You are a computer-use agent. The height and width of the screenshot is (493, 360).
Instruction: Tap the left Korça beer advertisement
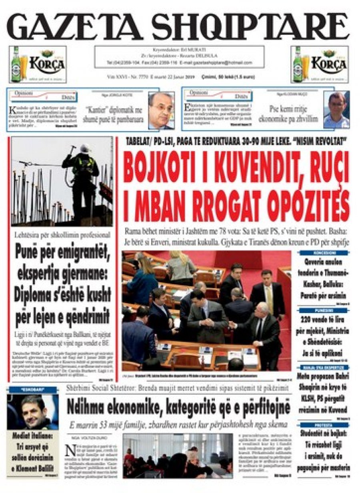click(x=38, y=64)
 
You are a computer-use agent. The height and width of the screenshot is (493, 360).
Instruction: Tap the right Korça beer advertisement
click(x=320, y=64)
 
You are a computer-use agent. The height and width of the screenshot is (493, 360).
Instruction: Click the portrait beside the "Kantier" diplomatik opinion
click(x=161, y=110)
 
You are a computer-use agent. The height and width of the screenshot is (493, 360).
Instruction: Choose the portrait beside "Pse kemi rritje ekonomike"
click(x=336, y=110)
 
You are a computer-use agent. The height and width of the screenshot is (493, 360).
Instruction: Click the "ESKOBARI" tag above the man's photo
click(x=32, y=389)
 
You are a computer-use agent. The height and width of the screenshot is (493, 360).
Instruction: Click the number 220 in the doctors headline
click(x=308, y=320)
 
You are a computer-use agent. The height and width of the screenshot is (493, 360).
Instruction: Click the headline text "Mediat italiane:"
click(x=33, y=436)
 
